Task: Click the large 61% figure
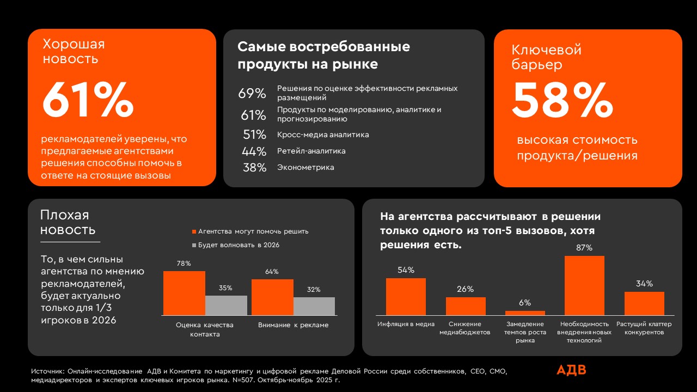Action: [88, 100]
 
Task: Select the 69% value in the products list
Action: [252, 93]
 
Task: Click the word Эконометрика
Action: [305, 167]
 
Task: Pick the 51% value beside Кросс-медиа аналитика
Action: [254, 134]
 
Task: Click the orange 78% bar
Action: [184, 293]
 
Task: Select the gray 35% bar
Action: [226, 305]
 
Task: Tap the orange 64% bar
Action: [272, 297]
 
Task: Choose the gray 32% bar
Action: [314, 306]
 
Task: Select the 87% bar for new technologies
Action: [584, 285]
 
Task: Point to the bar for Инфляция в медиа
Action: [406, 296]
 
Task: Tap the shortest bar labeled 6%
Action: [525, 313]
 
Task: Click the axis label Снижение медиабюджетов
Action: [465, 328]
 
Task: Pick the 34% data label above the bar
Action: [644, 284]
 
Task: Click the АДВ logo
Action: [571, 370]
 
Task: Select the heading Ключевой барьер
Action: [546, 57]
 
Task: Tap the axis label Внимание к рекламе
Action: [294, 325]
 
